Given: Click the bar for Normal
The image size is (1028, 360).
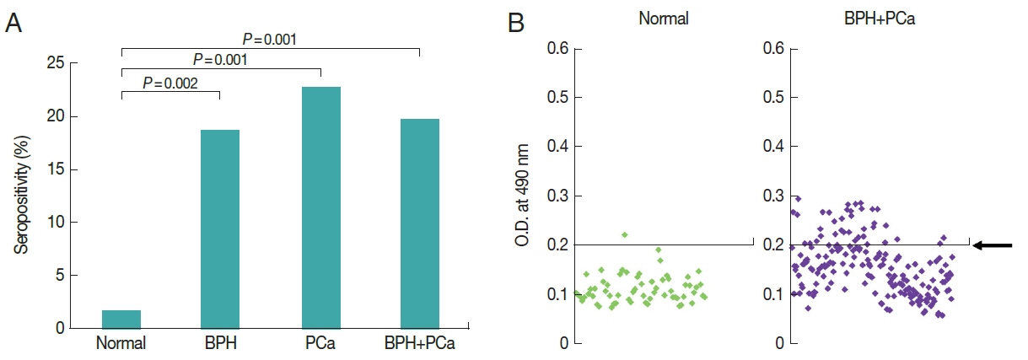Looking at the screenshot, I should coord(121,319).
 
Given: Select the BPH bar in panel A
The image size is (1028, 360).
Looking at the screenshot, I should coord(220,228).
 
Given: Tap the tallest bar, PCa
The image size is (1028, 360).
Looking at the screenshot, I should coord(320,207).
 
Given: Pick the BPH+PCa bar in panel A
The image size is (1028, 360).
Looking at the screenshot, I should coord(419,223).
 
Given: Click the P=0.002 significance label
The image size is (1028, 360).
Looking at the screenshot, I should coord(170,83).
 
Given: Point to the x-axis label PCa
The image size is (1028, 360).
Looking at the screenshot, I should coord(320,344).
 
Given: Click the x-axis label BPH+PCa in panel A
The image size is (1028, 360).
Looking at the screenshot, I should coord(419,344).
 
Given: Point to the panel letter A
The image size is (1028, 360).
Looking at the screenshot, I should coord(13,24).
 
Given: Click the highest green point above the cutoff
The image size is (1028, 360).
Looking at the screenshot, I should coord(624,234).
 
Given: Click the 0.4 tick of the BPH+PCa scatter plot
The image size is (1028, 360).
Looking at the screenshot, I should coord(772,147).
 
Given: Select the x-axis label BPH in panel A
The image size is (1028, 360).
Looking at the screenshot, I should coord(220,344).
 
